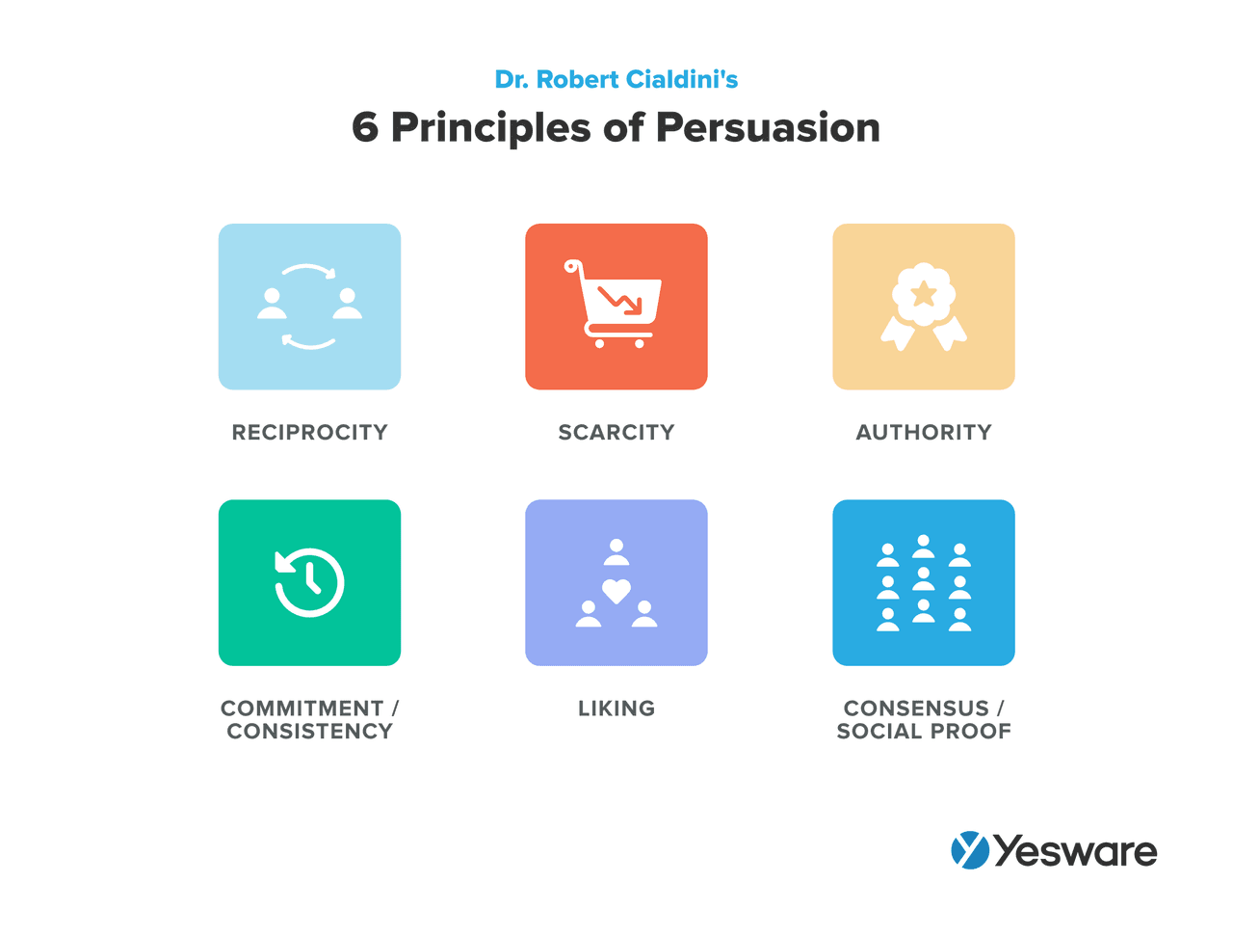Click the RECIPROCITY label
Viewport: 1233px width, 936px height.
click(309, 433)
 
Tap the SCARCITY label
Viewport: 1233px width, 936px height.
click(616, 433)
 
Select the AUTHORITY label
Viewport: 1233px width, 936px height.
click(924, 433)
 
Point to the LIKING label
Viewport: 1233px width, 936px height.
click(616, 709)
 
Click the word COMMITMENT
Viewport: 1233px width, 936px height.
click(302, 709)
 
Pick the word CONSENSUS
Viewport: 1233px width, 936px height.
click(916, 709)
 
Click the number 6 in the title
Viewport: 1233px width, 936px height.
click(365, 128)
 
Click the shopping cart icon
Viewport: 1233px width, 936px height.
click(616, 305)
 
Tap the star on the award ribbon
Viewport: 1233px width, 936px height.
click(924, 292)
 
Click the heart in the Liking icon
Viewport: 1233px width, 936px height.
click(616, 590)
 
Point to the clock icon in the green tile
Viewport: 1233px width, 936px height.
click(309, 582)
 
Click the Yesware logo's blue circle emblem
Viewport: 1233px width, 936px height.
click(970, 850)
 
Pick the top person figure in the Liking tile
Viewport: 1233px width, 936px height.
click(616, 552)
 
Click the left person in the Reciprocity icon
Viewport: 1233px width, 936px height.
click(273, 304)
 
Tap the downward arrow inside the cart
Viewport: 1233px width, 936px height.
click(621, 300)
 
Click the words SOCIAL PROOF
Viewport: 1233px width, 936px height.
click(924, 732)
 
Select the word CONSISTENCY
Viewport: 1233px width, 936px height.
click(309, 732)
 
